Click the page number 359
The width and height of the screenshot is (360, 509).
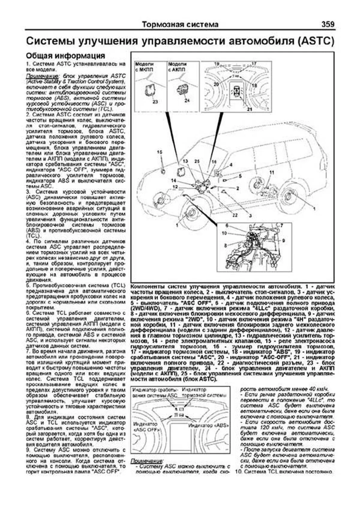click(328, 24)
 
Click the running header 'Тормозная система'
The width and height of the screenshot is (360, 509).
click(180, 25)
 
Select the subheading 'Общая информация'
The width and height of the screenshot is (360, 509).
click(65, 56)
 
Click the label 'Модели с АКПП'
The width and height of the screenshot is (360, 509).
click(177, 67)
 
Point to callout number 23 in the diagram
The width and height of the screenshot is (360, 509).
click(155, 102)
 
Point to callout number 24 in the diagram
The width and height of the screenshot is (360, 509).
click(187, 100)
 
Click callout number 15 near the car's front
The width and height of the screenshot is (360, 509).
click(159, 152)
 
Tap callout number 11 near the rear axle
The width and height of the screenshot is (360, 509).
click(272, 172)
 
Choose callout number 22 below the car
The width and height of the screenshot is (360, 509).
click(235, 215)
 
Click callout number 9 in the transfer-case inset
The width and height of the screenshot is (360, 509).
click(283, 240)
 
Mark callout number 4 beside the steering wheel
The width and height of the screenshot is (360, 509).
click(231, 165)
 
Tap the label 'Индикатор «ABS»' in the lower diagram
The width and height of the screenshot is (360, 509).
click(209, 425)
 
